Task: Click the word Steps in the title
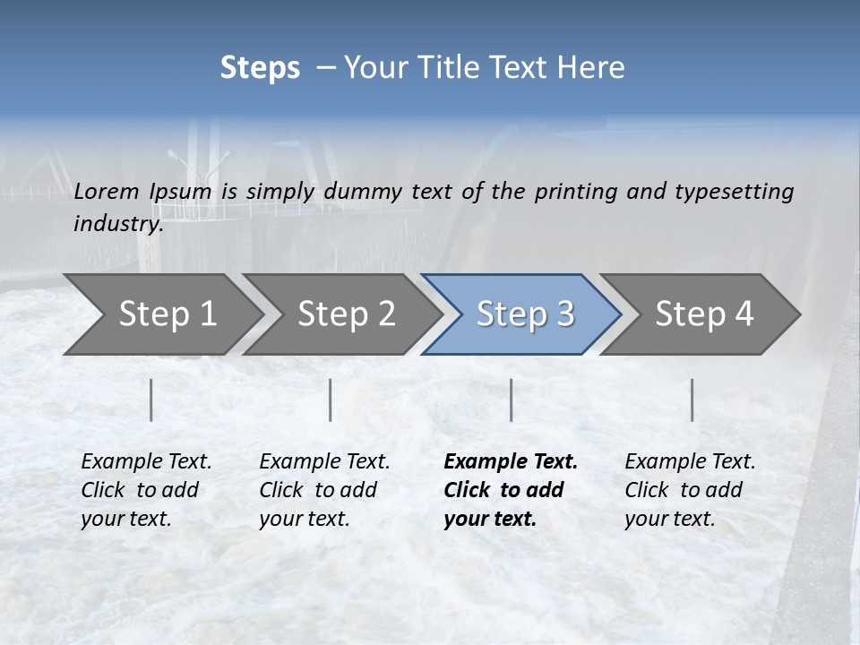coord(260,68)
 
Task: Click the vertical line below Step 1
coord(151,400)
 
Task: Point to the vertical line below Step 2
coord(331,400)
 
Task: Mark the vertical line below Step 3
coord(511,400)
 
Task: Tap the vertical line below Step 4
coord(692,400)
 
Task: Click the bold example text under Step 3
coord(510,490)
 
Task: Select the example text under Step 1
coord(146,490)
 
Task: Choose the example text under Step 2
coord(324,490)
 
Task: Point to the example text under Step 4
coord(690,490)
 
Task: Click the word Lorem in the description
coord(107,191)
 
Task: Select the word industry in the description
coord(117,224)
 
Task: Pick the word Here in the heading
coord(596,68)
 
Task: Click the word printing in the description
coord(573,191)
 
